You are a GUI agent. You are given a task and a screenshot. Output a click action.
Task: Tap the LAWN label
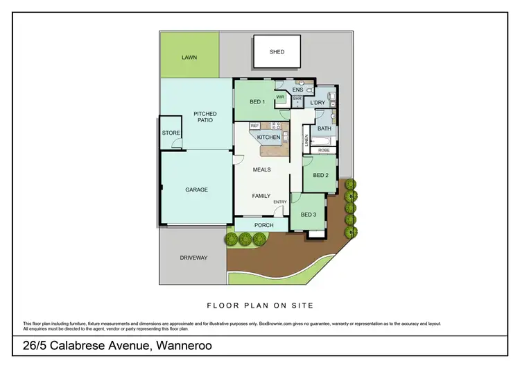tap(190, 58)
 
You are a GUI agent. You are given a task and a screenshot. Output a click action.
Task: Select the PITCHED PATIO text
tap(205, 117)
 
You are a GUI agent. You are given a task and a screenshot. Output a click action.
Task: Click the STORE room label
tap(171, 133)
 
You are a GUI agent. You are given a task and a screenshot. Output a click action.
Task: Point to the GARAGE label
tap(196, 190)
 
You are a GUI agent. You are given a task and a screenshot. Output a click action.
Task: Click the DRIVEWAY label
tap(193, 258)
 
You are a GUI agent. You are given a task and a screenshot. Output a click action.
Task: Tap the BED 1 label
tap(257, 102)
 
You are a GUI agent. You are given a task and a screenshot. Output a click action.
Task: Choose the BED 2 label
tap(320, 176)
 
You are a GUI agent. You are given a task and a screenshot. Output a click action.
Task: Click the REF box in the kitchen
tap(255, 126)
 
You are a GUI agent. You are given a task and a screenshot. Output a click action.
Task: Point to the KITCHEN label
tap(268, 137)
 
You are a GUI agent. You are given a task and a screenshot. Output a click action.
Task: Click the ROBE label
tap(324, 150)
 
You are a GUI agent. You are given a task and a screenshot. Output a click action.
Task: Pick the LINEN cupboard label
tap(306, 140)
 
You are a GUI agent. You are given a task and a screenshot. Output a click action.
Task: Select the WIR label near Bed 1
tap(280, 97)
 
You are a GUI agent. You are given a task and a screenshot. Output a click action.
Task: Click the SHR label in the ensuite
tap(296, 99)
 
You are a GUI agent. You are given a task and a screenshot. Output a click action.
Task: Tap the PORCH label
tap(264, 225)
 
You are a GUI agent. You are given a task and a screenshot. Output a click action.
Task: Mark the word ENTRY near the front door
tap(280, 202)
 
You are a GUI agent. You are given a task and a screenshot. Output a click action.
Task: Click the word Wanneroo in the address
tap(182, 345)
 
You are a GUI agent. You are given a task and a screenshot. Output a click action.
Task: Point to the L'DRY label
tap(318, 103)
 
